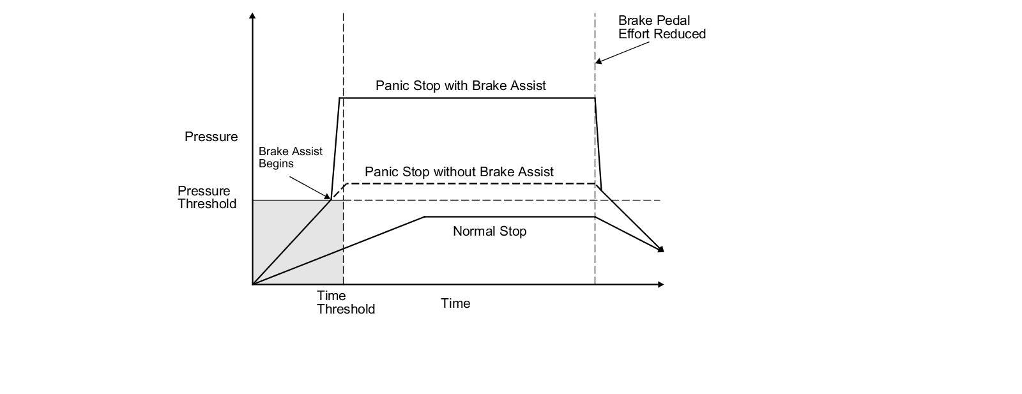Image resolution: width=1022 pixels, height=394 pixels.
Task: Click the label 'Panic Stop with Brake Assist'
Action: pos(461,86)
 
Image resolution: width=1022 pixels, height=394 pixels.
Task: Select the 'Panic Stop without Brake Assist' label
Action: pos(459,172)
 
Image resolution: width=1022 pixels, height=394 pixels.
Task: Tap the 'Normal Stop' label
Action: pos(489,231)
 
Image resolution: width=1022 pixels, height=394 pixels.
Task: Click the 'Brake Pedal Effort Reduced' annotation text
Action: pos(662,27)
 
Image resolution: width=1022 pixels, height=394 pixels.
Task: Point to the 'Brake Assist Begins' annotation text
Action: pos(290,157)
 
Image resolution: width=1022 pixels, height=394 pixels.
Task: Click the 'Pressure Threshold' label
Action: pos(207,197)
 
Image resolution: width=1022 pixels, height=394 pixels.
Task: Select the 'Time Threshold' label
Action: pos(346,302)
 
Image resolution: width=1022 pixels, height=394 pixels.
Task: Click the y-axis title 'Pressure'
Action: pos(211,137)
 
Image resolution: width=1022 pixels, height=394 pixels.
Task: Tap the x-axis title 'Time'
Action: pos(455,303)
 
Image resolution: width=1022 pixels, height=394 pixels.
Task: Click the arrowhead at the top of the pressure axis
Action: pos(252,15)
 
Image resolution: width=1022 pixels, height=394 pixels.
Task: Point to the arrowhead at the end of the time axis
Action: pos(661,285)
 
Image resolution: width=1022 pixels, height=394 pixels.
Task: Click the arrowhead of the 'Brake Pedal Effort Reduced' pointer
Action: pos(598,61)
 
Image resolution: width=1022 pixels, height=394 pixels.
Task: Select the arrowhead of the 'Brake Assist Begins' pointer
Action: pos(328,197)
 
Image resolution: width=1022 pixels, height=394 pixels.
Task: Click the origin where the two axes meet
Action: pos(252,285)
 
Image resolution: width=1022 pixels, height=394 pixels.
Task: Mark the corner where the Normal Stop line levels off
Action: pos(424,217)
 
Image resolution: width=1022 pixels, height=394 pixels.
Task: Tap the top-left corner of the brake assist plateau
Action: pos(339,98)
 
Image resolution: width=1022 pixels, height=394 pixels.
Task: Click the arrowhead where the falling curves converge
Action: pos(661,250)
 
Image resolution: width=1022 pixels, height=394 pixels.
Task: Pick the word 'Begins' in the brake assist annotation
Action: pos(276,163)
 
